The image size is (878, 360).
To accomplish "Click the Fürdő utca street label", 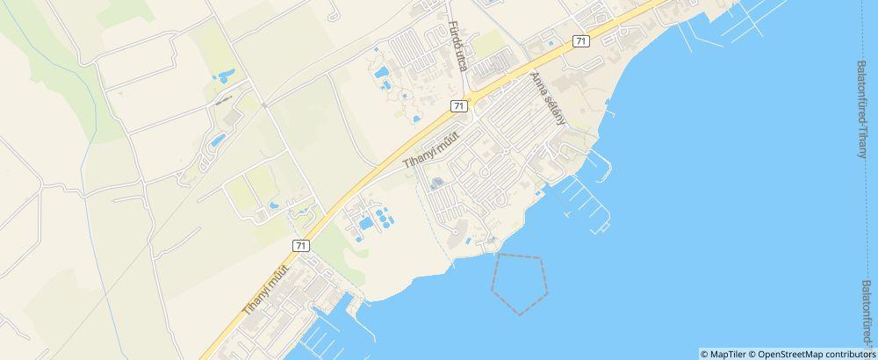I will pyautogui.click(x=455, y=47).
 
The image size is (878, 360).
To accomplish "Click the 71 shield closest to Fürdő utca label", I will pyautogui.click(x=459, y=105).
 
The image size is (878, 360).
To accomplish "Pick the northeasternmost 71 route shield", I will pyautogui.click(x=580, y=40).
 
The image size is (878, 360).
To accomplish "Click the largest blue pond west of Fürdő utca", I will pyautogui.click(x=385, y=85).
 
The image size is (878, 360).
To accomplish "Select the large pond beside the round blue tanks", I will pyautogui.click(x=363, y=224).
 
